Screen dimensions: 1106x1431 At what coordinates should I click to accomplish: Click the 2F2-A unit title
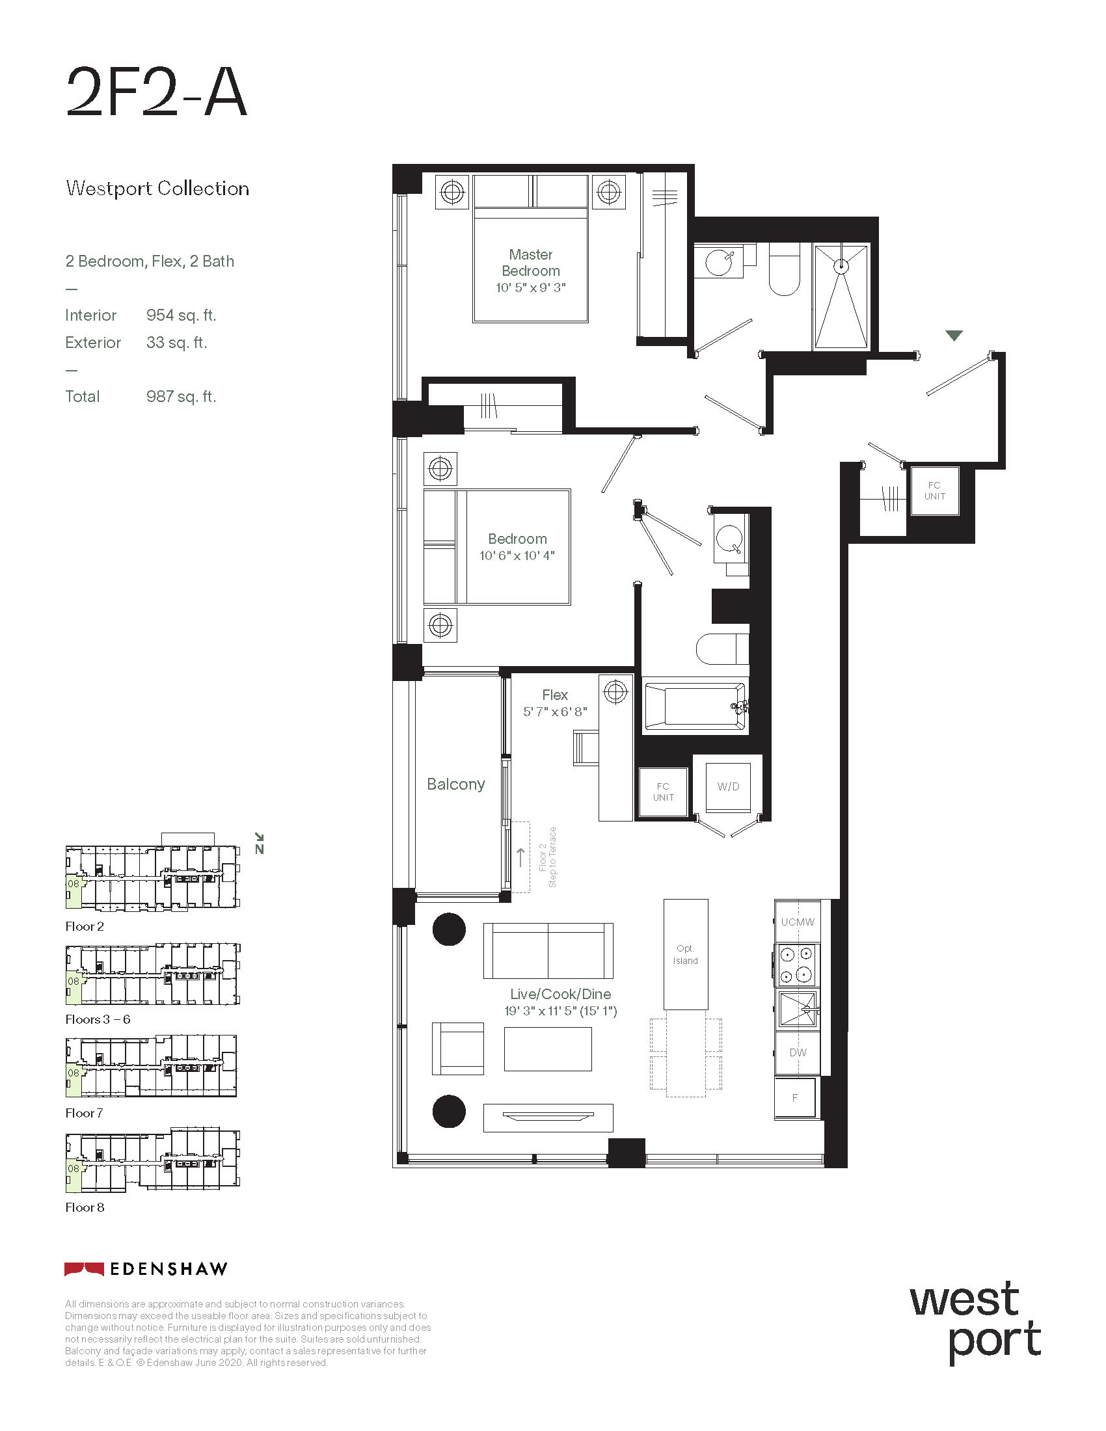tap(157, 92)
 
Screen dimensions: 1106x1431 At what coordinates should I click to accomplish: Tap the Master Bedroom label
tap(531, 262)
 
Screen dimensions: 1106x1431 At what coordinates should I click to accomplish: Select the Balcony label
tap(456, 784)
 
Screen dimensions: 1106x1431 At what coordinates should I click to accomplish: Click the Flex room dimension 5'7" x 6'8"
tap(555, 712)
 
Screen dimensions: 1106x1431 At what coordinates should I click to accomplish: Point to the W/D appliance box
tap(728, 786)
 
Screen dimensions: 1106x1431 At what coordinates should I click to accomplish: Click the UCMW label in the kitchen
tap(798, 922)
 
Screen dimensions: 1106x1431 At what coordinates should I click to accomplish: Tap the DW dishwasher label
tap(798, 1052)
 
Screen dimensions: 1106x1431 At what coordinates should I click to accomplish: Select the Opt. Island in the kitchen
tap(685, 954)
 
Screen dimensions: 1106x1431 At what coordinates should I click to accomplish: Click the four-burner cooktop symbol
tap(797, 965)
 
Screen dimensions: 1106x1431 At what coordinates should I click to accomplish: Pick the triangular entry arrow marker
tap(954, 336)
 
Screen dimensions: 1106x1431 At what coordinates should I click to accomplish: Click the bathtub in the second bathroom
tap(695, 706)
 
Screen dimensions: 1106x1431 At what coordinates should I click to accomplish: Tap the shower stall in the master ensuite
tap(841, 296)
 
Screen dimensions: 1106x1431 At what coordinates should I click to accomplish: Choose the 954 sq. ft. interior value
tap(181, 315)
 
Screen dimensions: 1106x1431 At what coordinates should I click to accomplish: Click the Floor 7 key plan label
tap(84, 1113)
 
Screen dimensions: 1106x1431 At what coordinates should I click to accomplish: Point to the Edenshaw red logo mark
tap(84, 1268)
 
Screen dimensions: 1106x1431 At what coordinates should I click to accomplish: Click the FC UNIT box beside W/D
tap(663, 792)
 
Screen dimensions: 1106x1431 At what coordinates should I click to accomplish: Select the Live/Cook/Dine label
tap(561, 994)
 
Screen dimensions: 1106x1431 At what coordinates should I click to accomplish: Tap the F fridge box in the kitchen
tap(795, 1097)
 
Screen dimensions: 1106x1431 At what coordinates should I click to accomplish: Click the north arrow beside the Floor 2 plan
tap(260, 843)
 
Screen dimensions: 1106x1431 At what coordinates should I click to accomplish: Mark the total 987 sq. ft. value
tap(181, 396)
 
